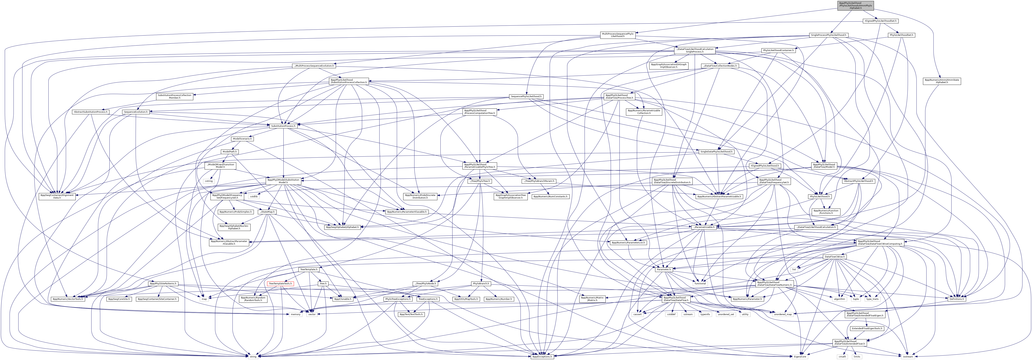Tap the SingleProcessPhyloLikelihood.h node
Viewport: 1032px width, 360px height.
(x=829, y=35)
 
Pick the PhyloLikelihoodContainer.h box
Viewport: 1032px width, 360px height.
(x=778, y=50)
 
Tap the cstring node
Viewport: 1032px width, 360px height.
(x=209, y=181)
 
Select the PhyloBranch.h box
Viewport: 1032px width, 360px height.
(x=481, y=283)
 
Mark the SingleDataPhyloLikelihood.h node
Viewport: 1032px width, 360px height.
(x=716, y=152)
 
